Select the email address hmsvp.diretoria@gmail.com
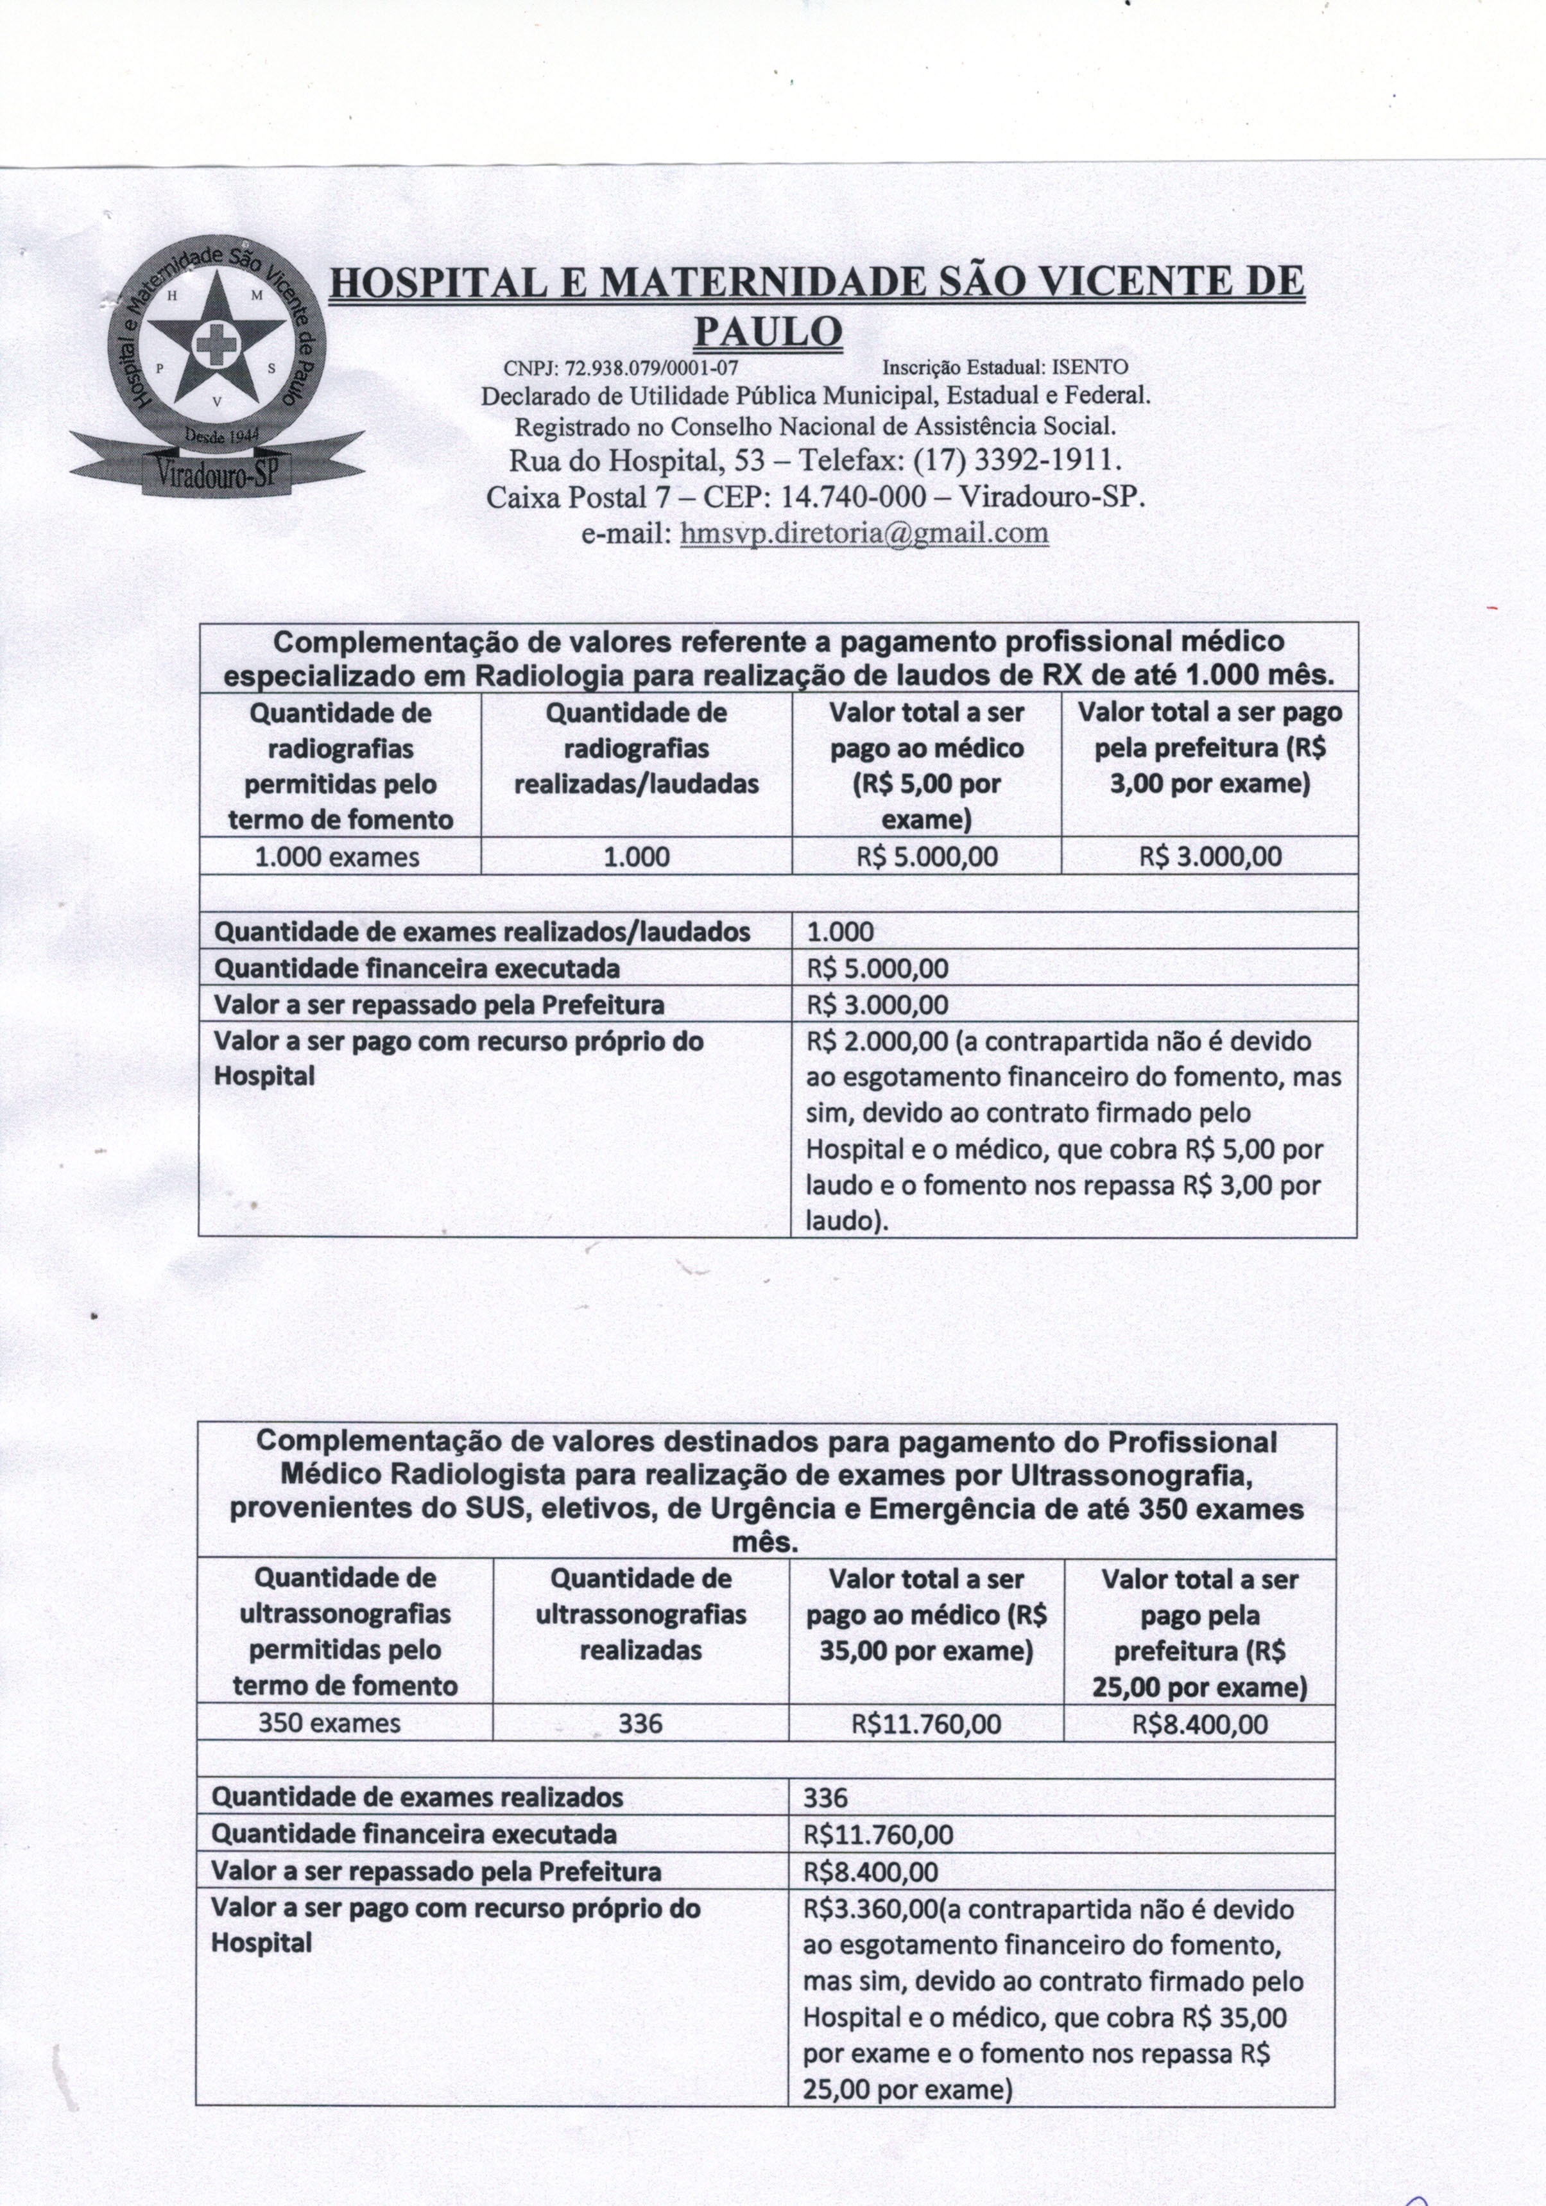pyautogui.click(x=864, y=533)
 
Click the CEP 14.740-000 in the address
pyautogui.click(x=854, y=497)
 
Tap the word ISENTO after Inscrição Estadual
pyautogui.click(x=1090, y=368)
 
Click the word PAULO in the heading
pyautogui.click(x=768, y=332)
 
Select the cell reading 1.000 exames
pyautogui.click(x=338, y=857)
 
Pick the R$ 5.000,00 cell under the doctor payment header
pyautogui.click(x=926, y=857)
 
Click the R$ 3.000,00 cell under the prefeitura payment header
pyautogui.click(x=1210, y=857)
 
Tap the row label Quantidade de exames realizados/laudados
pyautogui.click(x=481, y=932)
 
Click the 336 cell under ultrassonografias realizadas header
pyautogui.click(x=640, y=1724)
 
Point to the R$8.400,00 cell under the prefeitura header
pyautogui.click(x=1200, y=1725)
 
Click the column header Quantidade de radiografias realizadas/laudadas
pyautogui.click(x=636, y=748)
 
